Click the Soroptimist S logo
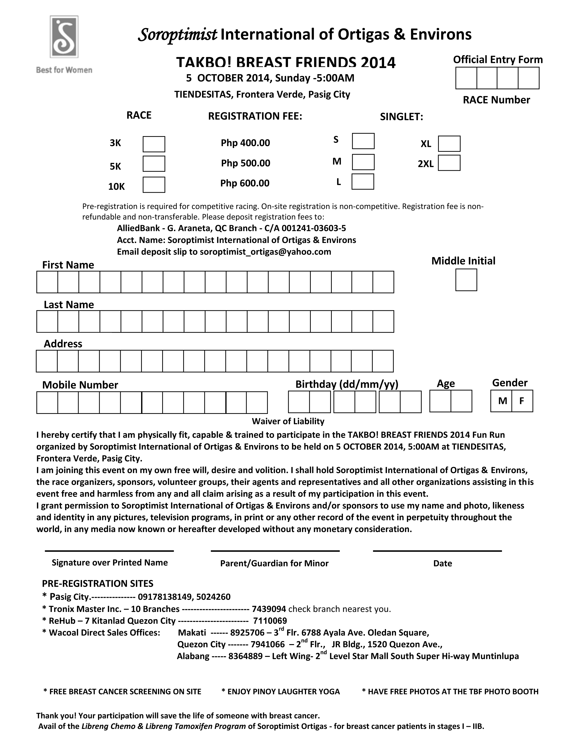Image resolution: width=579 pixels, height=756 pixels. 64,37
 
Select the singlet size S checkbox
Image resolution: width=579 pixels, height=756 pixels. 363,141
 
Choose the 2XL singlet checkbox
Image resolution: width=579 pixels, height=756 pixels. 449,163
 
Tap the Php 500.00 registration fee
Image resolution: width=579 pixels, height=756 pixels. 245,163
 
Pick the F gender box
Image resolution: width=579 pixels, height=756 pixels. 522,401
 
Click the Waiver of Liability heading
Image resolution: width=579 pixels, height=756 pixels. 288,421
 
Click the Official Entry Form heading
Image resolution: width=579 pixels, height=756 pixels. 498,60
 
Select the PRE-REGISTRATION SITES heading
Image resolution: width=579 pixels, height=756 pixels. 98,583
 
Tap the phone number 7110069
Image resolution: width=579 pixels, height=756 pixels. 270,621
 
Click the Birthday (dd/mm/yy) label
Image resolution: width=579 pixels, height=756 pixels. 347,384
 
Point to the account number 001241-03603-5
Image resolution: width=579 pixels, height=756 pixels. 314,228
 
